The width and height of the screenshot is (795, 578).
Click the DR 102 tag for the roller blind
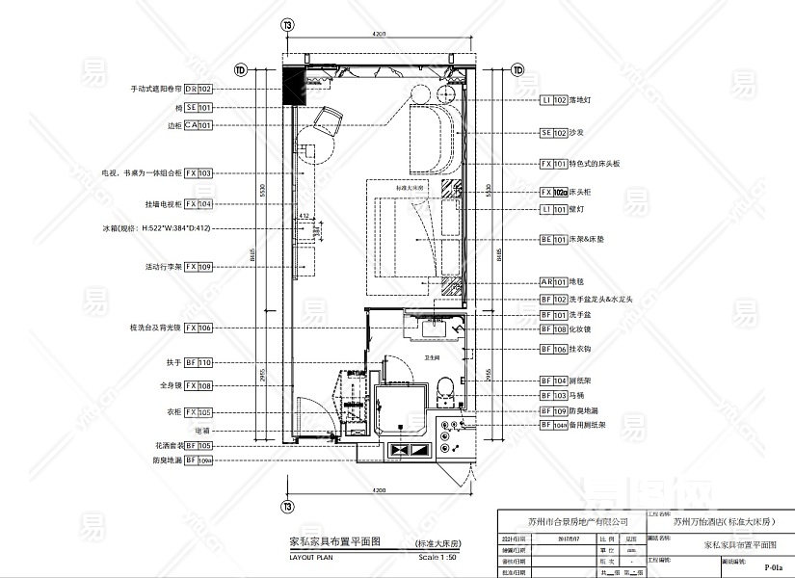(198, 89)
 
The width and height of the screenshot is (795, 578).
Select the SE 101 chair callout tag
(198, 108)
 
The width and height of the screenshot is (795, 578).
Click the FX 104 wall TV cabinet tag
(198, 204)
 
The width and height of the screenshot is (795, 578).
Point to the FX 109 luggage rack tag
(198, 266)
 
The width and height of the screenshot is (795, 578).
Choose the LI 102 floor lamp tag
(552, 100)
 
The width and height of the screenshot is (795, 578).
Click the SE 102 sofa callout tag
(552, 133)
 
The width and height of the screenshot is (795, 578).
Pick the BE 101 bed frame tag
(552, 239)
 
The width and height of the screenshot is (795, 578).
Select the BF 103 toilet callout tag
(552, 396)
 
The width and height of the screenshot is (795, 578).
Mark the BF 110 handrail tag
(198, 363)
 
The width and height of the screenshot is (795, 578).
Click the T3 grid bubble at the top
(286, 25)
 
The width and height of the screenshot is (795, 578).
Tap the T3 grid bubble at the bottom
(286, 507)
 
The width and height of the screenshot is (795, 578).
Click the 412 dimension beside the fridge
(303, 216)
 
